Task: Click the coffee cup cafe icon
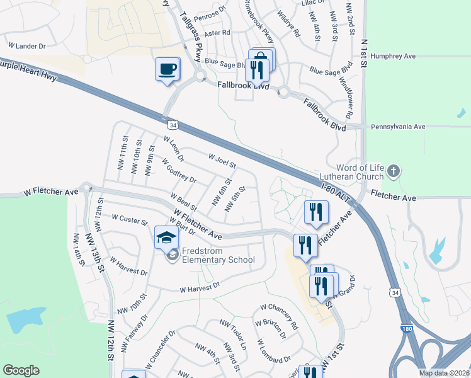(x=167, y=68)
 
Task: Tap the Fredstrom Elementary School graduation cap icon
(x=166, y=238)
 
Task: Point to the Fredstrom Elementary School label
(x=218, y=255)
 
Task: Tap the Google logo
(x=21, y=370)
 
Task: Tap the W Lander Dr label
(x=27, y=46)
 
